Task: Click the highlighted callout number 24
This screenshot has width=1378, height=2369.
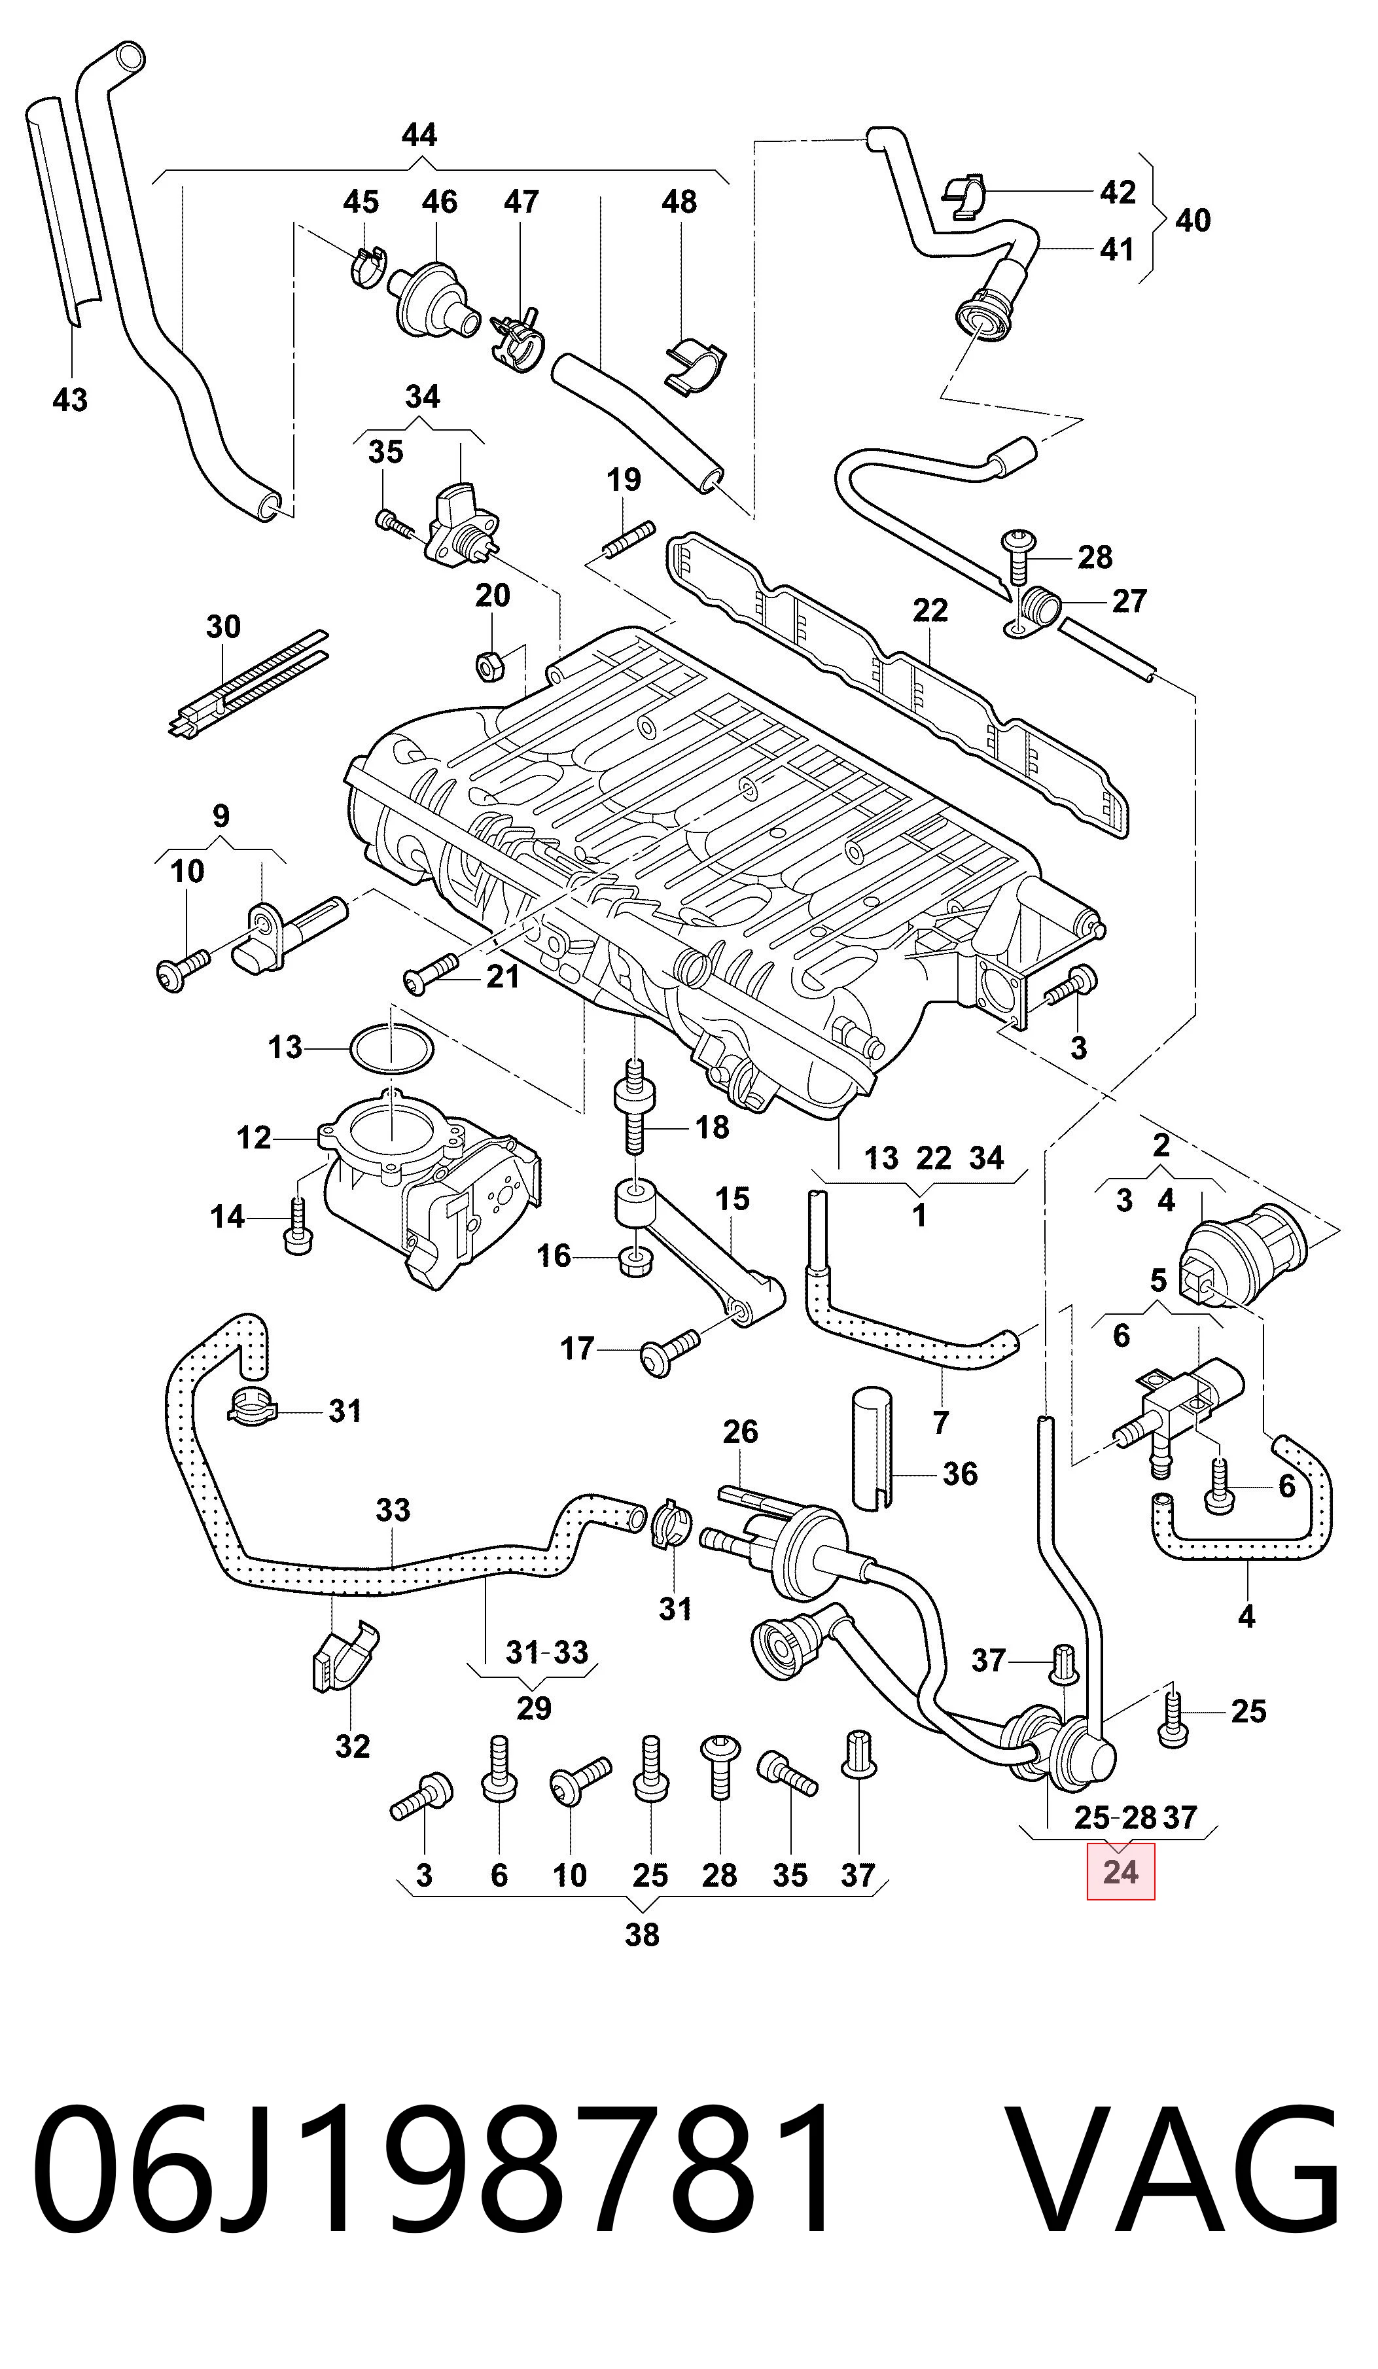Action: pyautogui.click(x=1120, y=1872)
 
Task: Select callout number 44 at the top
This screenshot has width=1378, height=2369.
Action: pyautogui.click(x=419, y=135)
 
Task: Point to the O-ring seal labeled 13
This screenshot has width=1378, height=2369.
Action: pyautogui.click(x=391, y=1047)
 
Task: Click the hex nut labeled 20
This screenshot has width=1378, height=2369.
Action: pyautogui.click(x=489, y=666)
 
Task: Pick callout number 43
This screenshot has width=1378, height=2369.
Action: pyautogui.click(x=71, y=400)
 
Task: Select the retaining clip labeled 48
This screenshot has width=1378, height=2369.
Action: pyautogui.click(x=696, y=366)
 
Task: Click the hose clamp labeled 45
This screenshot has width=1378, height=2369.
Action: pyautogui.click(x=368, y=267)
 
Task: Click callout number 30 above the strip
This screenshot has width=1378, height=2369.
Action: pyautogui.click(x=224, y=626)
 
